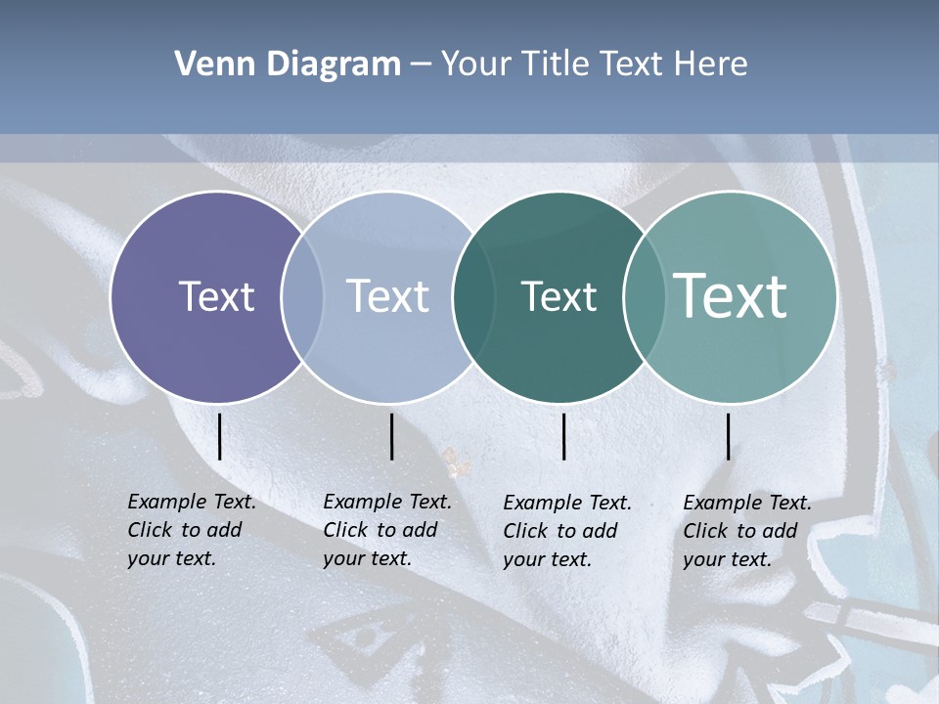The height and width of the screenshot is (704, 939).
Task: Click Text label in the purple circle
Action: point(216,296)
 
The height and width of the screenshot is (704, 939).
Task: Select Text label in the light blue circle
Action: point(387,296)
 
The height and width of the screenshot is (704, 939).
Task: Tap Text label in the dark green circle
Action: point(559,296)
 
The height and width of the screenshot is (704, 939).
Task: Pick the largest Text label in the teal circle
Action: point(731,295)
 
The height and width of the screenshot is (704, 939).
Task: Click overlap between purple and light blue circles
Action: point(302,296)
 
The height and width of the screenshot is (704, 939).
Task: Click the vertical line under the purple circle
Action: point(219,436)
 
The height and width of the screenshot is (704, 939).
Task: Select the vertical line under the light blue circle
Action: point(391,436)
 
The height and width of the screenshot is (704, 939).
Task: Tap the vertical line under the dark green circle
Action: point(563,436)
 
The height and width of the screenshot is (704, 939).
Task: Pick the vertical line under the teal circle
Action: point(728,436)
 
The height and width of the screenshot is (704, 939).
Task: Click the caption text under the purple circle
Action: point(191,530)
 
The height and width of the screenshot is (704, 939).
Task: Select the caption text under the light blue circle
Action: point(386,530)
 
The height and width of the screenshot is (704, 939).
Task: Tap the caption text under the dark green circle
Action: point(566,531)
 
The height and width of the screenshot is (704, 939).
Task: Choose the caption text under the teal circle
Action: point(746,531)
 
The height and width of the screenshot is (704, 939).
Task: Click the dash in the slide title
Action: point(421,65)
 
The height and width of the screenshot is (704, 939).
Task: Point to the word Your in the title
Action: point(475,65)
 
